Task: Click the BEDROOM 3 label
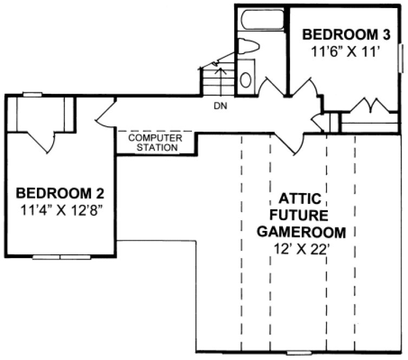[346, 35]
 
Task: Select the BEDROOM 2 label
[60, 192]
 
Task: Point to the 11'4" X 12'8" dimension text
[60, 209]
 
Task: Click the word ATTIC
[301, 197]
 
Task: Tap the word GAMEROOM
[301, 233]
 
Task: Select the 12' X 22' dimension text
[301, 249]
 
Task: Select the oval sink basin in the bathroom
[245, 80]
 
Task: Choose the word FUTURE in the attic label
[301, 215]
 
